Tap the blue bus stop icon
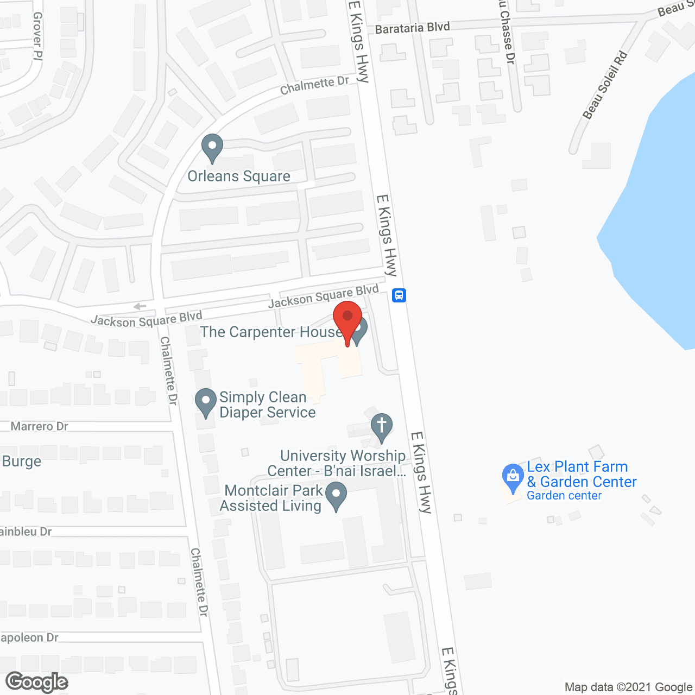click(x=399, y=295)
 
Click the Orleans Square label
click(x=239, y=176)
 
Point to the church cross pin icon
click(x=381, y=427)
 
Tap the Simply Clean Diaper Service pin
click(x=205, y=402)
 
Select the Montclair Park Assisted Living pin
click(x=336, y=495)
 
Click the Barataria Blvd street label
click(x=412, y=28)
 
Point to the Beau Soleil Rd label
click(x=605, y=85)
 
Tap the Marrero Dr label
click(x=40, y=426)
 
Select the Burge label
click(x=22, y=462)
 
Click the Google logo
click(x=37, y=682)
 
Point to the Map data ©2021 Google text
click(x=629, y=687)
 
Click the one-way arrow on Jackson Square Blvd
click(x=140, y=306)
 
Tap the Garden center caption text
click(x=564, y=496)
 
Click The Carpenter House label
click(x=270, y=332)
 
